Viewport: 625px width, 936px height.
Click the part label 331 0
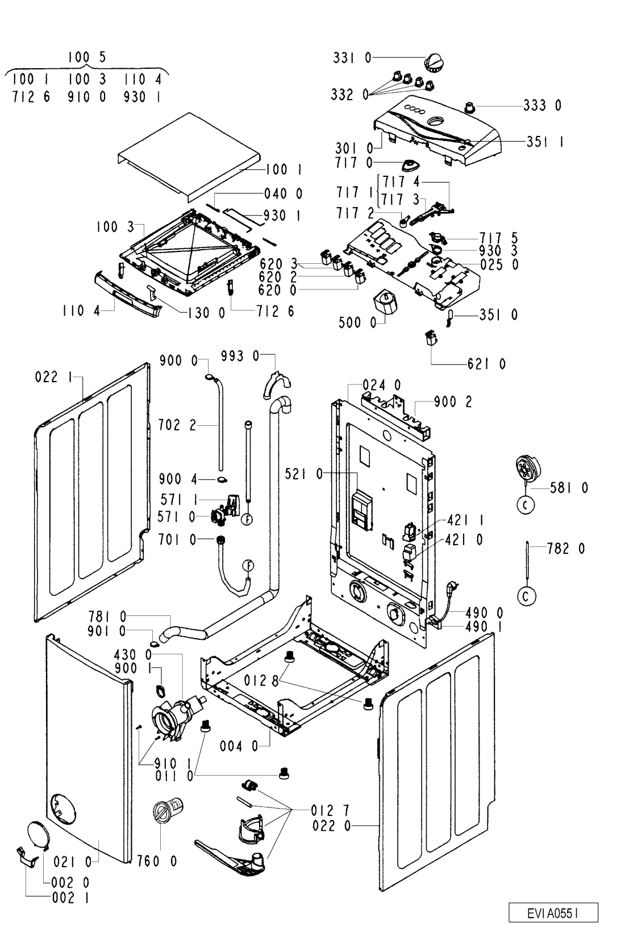tap(352, 57)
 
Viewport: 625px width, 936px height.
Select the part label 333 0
tap(543, 105)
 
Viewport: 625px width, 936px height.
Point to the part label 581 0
tap(569, 488)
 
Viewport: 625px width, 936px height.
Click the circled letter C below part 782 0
tap(526, 597)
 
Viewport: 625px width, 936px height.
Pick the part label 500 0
tap(357, 322)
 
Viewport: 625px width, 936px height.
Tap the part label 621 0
tap(486, 364)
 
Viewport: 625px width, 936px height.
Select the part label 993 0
tap(240, 356)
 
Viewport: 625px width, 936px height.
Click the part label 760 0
tap(157, 861)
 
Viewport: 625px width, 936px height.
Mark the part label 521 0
tap(304, 474)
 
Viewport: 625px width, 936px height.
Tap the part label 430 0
tap(133, 655)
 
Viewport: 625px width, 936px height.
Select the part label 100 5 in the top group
tap(87, 57)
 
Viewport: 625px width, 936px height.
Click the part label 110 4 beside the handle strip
tap(81, 311)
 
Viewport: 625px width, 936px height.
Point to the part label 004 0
tap(239, 746)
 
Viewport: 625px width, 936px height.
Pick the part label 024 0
tap(382, 385)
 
